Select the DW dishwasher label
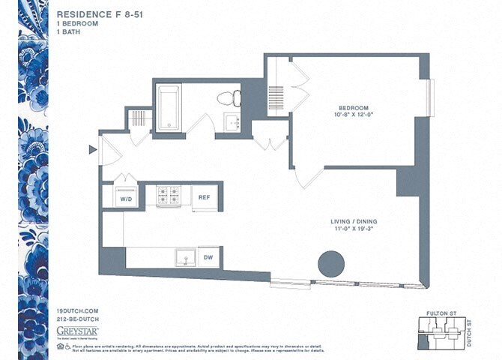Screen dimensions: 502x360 [x=209, y=257]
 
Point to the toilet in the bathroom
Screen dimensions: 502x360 [x=229, y=98]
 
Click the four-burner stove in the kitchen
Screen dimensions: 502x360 [x=168, y=196]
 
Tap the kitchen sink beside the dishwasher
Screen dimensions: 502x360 [x=186, y=258]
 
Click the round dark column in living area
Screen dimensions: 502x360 [x=331, y=263]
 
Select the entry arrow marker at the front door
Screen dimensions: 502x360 [x=92, y=150]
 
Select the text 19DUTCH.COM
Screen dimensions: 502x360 [x=76, y=310]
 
